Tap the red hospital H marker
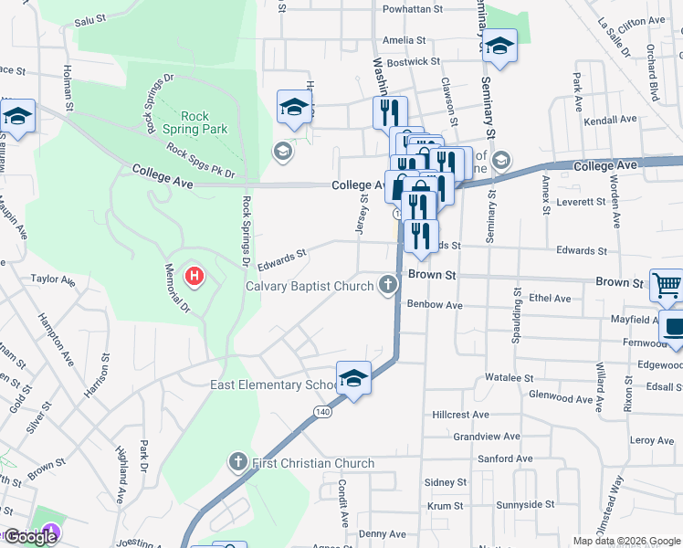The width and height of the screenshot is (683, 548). tap(194, 275)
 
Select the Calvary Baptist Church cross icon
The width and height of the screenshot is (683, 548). tap(388, 287)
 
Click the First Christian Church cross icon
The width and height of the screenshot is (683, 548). tap(237, 463)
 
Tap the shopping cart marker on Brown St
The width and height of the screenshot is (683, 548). tap(667, 285)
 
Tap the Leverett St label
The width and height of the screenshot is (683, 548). tap(582, 201)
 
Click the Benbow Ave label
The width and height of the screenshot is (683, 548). tap(435, 304)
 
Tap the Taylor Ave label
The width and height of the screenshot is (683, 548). tap(51, 279)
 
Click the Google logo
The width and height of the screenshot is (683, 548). tap(30, 537)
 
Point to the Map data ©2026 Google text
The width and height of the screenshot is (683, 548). tap(625, 541)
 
